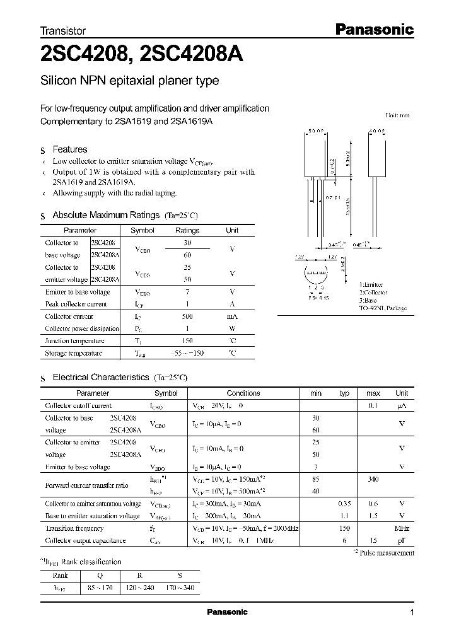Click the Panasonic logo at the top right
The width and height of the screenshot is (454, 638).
click(373, 29)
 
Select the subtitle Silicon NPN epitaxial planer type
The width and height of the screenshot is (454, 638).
click(129, 81)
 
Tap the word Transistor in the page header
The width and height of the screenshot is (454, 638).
click(63, 30)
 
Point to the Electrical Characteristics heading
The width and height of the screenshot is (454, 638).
click(100, 377)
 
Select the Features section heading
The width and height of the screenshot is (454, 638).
click(69, 149)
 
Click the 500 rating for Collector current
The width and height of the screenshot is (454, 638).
click(187, 316)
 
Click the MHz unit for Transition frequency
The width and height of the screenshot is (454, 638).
click(401, 528)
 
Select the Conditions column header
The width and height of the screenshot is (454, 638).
click(243, 393)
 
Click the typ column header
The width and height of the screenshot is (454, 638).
click(344, 393)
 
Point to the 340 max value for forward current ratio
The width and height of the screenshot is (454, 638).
click(373, 479)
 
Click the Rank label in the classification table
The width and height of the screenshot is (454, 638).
click(61, 575)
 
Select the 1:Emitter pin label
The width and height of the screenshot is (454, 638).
click(371, 285)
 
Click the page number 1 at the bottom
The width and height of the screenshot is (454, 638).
click(412, 612)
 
